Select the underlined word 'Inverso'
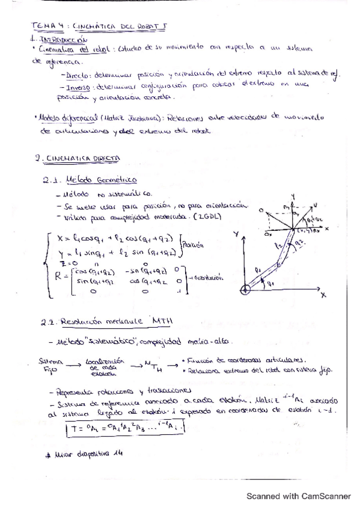click(x=76, y=86)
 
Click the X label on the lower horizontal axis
click(x=322, y=295)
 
